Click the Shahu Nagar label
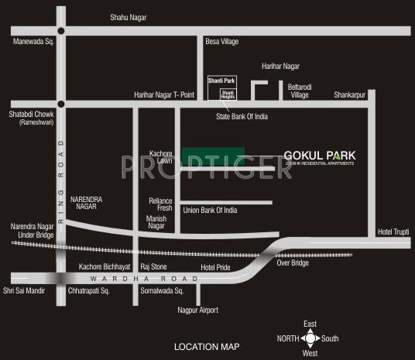point(128,17)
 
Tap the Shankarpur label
point(350,94)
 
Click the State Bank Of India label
point(242,116)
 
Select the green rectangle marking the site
point(213,154)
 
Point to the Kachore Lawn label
point(161,156)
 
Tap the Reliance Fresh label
point(160,204)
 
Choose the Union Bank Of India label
point(209,210)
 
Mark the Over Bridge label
point(293,262)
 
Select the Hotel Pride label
point(215,267)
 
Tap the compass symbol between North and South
point(310,338)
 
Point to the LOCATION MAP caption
point(207,347)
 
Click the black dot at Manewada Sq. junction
point(59,31)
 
